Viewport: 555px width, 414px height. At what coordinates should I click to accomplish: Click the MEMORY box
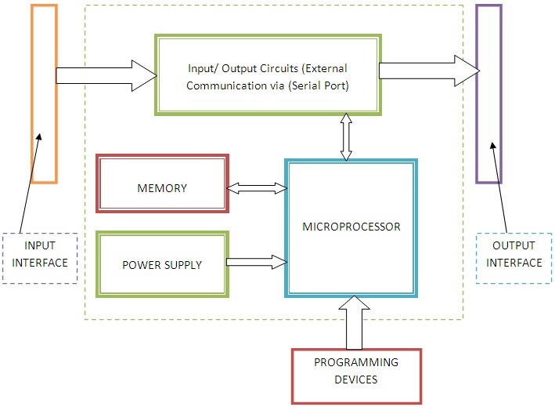162,188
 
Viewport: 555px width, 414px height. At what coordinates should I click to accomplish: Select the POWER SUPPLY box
162,264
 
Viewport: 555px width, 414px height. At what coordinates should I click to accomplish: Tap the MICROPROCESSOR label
351,227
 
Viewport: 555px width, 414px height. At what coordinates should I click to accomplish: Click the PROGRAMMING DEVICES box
356,371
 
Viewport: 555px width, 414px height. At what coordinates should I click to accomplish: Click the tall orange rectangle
44,93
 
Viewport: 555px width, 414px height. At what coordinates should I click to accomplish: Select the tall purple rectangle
488,93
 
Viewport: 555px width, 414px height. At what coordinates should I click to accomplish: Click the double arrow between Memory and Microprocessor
257,188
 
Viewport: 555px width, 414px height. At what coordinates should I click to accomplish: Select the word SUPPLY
181,265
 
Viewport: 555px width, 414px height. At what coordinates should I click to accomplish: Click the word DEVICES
356,379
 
